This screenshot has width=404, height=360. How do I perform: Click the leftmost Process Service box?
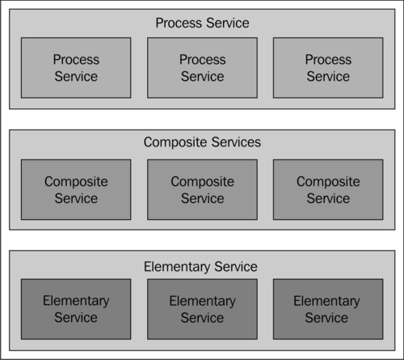pos(76,68)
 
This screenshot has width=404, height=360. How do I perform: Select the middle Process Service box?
pos(202,68)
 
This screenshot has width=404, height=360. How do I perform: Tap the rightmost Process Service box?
pos(328,68)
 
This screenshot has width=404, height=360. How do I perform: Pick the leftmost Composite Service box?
pos(76,189)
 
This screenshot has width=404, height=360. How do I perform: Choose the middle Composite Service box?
pos(202,189)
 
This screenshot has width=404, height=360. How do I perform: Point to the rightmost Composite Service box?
pos(328,189)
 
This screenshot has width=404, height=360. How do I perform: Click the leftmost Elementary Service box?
pos(76,309)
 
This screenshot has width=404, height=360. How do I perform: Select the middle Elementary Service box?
pos(202,309)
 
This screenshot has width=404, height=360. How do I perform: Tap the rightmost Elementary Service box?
pos(328,309)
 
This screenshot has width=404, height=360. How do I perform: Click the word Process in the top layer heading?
pos(179,23)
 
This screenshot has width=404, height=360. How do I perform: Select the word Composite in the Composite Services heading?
pos(175,142)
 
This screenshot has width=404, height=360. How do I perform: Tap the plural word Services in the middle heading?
pos(236,142)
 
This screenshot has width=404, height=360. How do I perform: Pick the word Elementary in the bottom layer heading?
pos(177,267)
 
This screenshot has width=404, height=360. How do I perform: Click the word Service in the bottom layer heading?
pos(236,267)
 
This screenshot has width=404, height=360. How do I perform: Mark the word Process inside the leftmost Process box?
pos(76,60)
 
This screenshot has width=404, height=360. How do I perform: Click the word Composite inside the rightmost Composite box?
pos(328,182)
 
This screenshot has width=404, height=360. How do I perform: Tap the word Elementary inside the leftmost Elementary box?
pos(76,301)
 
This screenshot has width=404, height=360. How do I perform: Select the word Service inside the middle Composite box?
pos(203,198)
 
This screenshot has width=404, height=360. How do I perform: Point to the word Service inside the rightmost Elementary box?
pos(326,318)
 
